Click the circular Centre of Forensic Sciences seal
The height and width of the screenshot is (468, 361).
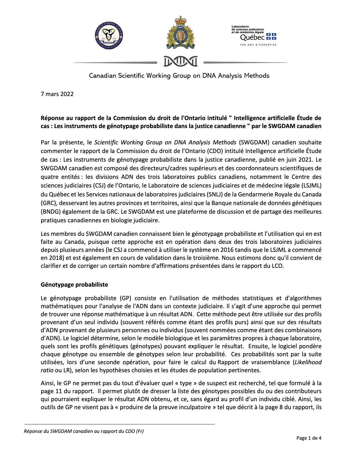point(109,36)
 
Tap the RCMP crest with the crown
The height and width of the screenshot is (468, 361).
point(180,33)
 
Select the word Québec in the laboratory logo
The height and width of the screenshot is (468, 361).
point(252,37)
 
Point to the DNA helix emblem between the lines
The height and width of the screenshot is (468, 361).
point(180,62)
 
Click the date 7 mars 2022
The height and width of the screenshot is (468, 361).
point(57,94)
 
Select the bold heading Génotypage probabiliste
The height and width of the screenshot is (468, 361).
point(74,284)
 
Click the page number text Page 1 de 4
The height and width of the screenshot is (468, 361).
point(309,438)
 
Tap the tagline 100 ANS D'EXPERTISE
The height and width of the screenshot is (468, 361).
point(258,45)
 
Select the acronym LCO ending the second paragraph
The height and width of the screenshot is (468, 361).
point(276,266)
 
